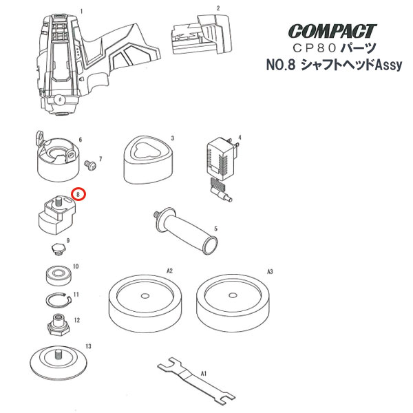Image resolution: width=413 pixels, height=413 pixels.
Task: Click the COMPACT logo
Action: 332,31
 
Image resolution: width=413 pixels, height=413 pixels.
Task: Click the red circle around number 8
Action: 79,194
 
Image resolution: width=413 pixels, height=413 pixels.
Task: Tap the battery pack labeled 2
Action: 202,34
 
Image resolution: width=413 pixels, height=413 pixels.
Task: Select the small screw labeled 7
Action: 90,165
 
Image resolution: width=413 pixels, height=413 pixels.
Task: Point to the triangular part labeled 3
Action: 149,160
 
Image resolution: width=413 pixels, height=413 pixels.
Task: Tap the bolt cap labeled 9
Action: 59,248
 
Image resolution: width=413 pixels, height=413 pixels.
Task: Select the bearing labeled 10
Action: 59,275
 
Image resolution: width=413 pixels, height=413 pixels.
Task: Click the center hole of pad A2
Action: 145,296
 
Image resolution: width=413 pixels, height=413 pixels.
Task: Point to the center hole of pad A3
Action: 233,295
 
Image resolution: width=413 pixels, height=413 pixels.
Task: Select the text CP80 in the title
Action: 315,48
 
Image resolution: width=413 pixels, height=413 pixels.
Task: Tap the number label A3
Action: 270,271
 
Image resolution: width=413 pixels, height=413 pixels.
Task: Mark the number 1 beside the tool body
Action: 82,12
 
